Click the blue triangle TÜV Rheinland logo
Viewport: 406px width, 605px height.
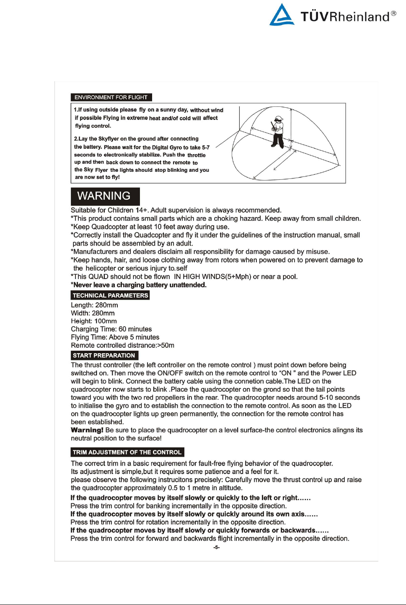pyautogui.click(x=282, y=16)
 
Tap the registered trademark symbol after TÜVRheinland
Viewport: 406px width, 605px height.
pyautogui.click(x=393, y=13)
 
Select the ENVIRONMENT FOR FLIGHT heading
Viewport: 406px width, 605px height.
pyautogui.click(x=111, y=97)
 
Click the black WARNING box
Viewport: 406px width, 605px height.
pyautogui.click(x=105, y=196)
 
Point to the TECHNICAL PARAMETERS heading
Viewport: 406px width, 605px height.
pyautogui.click(x=110, y=295)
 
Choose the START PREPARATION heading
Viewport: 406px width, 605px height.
pyautogui.click(x=104, y=355)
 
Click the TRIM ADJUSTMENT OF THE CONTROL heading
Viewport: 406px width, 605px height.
pyautogui.click(x=127, y=452)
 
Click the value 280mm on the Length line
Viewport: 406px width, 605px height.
pyautogui.click(x=107, y=305)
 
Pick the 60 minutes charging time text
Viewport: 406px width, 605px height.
pyautogui.click(x=135, y=329)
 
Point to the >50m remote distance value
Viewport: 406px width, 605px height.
pyautogui.click(x=166, y=345)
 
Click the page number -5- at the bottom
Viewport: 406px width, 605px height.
pyautogui.click(x=216, y=547)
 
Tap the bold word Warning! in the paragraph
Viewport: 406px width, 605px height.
pyautogui.click(x=87, y=430)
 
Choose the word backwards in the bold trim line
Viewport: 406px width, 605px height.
pyautogui.click(x=297, y=530)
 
